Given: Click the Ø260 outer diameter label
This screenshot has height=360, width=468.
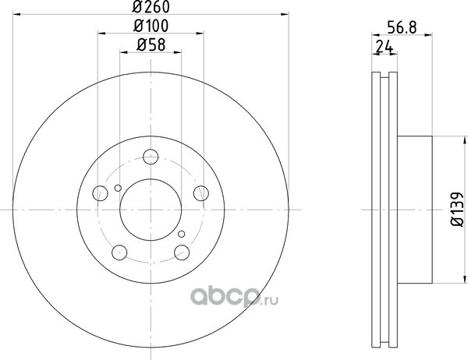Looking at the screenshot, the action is click(x=151, y=6).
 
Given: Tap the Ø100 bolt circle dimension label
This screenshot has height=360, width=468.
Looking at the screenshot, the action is click(x=151, y=26).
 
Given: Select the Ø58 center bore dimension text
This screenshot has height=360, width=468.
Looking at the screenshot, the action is click(x=151, y=45).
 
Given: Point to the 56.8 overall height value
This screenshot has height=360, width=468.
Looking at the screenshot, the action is click(x=402, y=27).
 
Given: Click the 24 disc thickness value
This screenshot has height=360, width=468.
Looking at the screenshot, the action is click(x=384, y=47).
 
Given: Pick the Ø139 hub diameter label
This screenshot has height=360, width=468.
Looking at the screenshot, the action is click(x=458, y=210).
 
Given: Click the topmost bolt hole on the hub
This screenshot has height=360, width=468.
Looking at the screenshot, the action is click(x=151, y=157).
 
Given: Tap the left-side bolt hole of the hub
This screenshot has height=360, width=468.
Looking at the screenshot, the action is click(x=101, y=193).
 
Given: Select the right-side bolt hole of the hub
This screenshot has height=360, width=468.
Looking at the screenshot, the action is click(x=201, y=193).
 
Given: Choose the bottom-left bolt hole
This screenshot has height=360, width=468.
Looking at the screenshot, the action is click(x=119, y=252).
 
